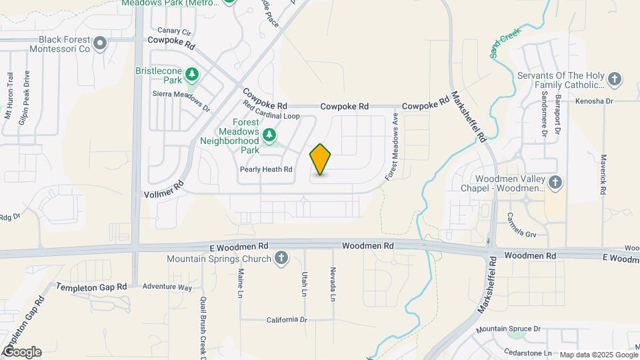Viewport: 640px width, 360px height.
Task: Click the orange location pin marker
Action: pos(321,159)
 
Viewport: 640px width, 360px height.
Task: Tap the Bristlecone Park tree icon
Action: pos(192,73)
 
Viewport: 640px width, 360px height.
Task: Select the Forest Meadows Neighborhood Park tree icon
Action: pos(269,136)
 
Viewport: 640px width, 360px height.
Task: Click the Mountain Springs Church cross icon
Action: pos(281,259)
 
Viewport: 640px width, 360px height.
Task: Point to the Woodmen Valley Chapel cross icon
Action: pos(555,182)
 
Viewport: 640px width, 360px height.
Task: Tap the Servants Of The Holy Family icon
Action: pos(615,79)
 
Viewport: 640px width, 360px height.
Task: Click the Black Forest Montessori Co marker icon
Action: pos(101,45)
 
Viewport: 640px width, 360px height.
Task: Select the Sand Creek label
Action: pos(505,43)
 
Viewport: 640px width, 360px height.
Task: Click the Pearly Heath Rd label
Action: pos(267,170)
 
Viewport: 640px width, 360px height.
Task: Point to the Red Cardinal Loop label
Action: pos(271,116)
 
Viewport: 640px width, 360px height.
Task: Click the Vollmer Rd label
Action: pos(163,191)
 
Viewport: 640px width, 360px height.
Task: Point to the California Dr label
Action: pos(287,320)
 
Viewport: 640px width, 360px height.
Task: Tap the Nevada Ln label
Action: pos(331,284)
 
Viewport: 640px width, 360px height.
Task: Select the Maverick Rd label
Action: pos(603,174)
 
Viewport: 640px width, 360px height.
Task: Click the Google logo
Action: pos(21,351)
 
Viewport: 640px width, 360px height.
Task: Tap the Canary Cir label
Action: pos(175,31)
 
